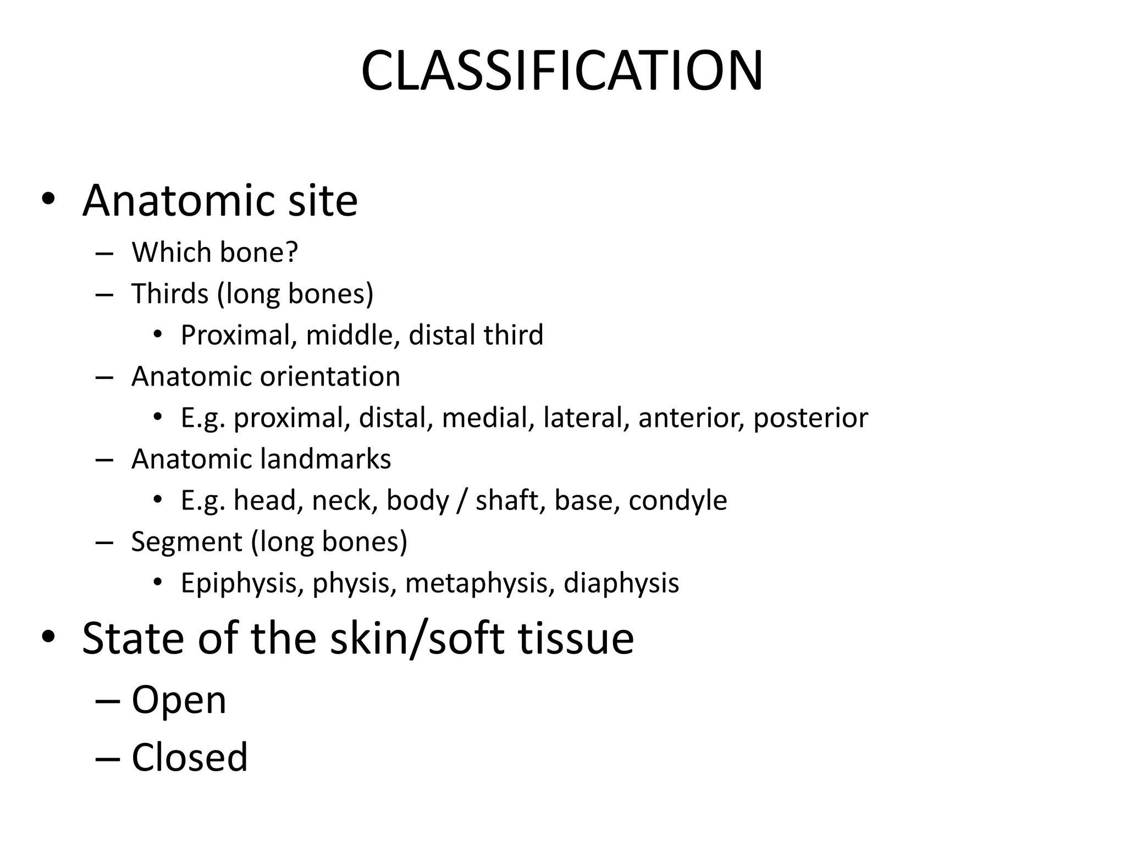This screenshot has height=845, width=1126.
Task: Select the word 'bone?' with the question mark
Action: tap(258, 253)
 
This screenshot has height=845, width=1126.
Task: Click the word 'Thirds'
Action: tap(170, 293)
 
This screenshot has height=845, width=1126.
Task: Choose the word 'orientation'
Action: tap(330, 377)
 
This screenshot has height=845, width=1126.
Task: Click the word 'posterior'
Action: tap(810, 418)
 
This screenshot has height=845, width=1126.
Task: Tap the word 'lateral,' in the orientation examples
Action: tap(586, 418)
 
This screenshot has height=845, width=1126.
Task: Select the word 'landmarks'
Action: tap(325, 459)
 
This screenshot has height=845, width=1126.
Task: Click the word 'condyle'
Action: tap(677, 501)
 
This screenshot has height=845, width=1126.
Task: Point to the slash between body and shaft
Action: tap(462, 501)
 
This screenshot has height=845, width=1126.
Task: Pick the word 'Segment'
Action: tap(186, 542)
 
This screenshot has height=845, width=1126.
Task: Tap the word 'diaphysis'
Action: tap(621, 584)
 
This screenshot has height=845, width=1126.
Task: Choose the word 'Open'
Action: tap(179, 701)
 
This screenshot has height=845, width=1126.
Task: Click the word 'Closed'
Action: tap(190, 758)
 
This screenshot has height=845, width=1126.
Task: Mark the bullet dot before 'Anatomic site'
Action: tap(48, 199)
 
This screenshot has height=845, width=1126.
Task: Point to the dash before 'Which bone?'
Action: tap(104, 253)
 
